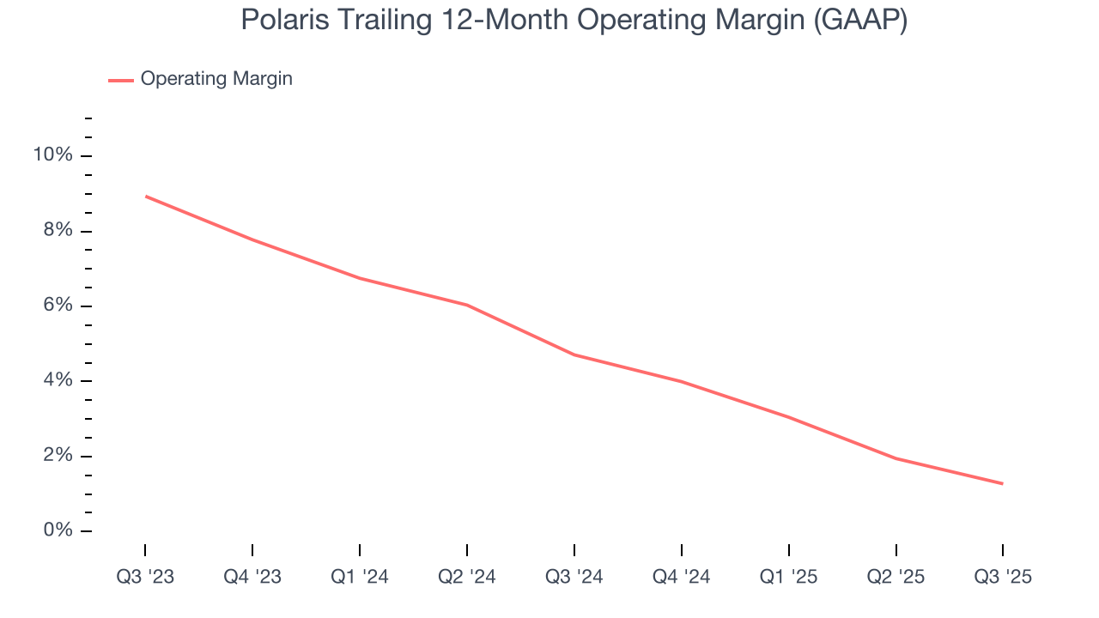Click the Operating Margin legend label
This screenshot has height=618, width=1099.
pyautogui.click(x=216, y=79)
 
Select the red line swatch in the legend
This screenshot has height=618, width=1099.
pyautogui.click(x=121, y=80)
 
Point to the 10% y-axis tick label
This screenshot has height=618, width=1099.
pyautogui.click(x=52, y=155)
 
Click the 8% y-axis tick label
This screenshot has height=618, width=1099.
pyautogui.click(x=58, y=231)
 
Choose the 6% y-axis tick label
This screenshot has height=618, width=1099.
pyautogui.click(x=58, y=306)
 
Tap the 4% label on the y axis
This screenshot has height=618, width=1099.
pyautogui.click(x=58, y=380)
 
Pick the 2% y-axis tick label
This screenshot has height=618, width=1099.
pyautogui.click(x=58, y=456)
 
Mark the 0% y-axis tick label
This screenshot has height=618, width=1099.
pyautogui.click(x=58, y=530)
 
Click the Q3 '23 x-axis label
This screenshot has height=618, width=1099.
pyautogui.click(x=145, y=577)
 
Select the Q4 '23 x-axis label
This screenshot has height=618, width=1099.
pyautogui.click(x=252, y=577)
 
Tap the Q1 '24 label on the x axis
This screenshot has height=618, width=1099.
pyautogui.click(x=360, y=577)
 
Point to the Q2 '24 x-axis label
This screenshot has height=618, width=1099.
pyautogui.click(x=467, y=577)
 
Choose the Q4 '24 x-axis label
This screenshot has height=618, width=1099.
pyautogui.click(x=682, y=577)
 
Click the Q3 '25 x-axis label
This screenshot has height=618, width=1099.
pyautogui.click(x=1003, y=577)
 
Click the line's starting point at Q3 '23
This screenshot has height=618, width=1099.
pyautogui.click(x=145, y=197)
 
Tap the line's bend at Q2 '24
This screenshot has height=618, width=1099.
pyautogui.click(x=467, y=305)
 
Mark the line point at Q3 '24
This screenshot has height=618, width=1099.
pyautogui.click(x=574, y=354)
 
